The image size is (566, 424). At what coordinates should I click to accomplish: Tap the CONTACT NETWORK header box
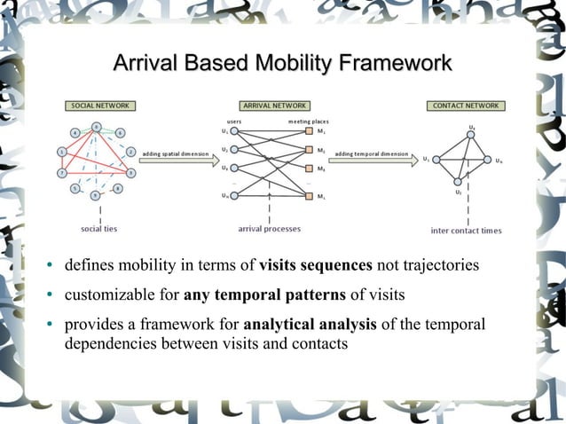(x=465, y=106)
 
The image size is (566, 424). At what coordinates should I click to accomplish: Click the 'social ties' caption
(x=99, y=229)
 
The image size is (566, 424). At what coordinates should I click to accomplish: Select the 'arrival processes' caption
(x=270, y=229)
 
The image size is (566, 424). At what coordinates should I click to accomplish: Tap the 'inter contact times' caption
(x=467, y=231)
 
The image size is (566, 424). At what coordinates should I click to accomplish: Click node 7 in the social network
(x=61, y=173)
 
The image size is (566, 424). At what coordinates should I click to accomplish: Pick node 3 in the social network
(x=130, y=172)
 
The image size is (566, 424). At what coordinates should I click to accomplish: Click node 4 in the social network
(x=76, y=133)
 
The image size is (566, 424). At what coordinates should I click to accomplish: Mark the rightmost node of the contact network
(x=487, y=161)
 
